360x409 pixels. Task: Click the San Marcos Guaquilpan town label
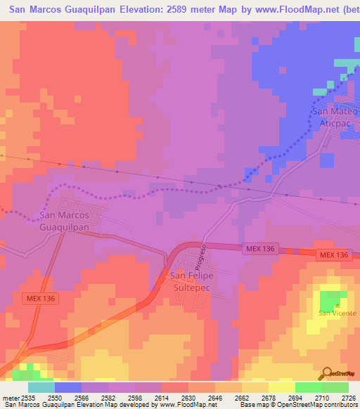(63, 221)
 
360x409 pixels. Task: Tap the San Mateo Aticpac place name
(335, 117)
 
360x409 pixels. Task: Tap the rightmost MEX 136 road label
(332, 254)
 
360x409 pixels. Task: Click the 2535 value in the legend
(28, 397)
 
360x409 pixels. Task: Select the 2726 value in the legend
(347, 397)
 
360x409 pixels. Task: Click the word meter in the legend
(9, 397)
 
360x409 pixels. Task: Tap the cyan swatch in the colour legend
(41, 387)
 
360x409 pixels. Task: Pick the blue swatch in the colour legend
(68, 387)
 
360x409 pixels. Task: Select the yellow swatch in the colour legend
(282, 387)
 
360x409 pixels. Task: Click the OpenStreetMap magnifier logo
(326, 373)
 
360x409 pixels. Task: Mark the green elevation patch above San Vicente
(328, 300)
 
